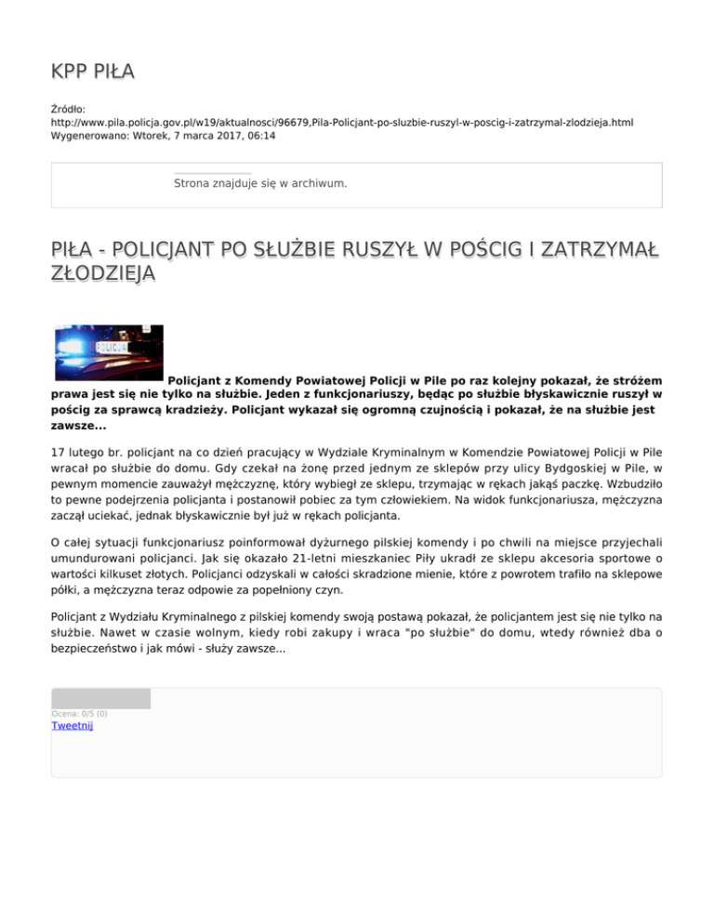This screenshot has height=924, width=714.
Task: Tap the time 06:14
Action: (x=260, y=136)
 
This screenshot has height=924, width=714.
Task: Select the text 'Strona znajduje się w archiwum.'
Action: (x=260, y=183)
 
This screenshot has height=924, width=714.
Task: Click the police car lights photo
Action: (x=108, y=353)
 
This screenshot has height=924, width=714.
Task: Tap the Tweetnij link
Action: (x=72, y=726)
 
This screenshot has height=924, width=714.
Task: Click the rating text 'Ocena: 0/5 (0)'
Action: (x=79, y=713)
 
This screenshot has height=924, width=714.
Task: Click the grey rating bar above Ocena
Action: (x=100, y=698)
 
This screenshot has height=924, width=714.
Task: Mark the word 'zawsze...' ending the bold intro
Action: (x=78, y=425)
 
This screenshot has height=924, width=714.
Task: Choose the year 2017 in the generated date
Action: (x=222, y=136)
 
